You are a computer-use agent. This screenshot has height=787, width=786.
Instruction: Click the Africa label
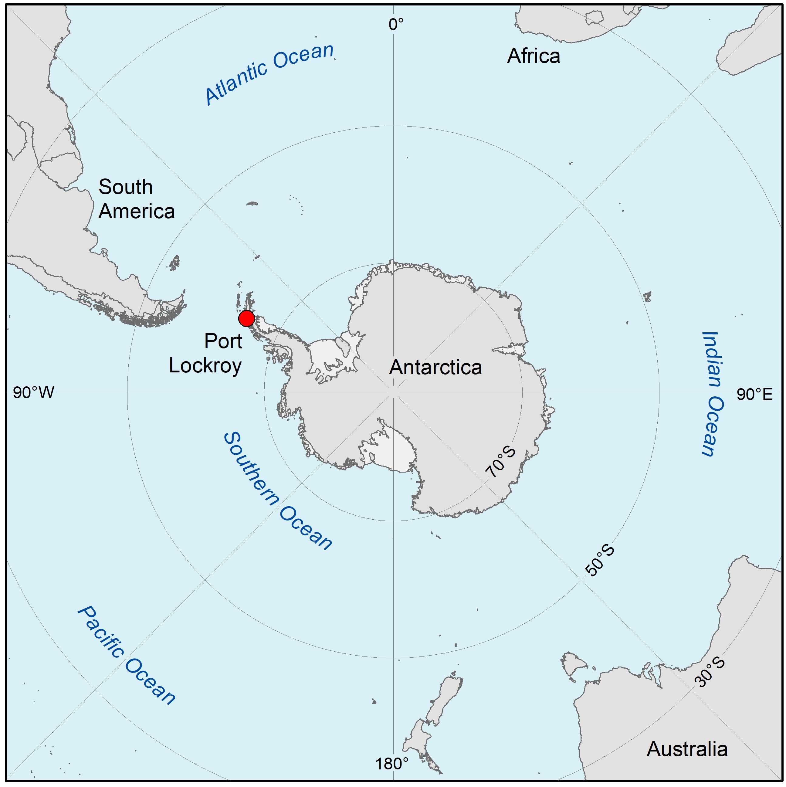pyautogui.click(x=533, y=56)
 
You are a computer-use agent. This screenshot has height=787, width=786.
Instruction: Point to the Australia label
pyautogui.click(x=687, y=749)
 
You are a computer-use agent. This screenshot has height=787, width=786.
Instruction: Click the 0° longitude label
pyautogui.click(x=396, y=25)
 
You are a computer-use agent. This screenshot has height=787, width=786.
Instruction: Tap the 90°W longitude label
pyautogui.click(x=33, y=393)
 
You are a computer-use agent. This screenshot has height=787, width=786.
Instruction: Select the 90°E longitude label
pyautogui.click(x=754, y=394)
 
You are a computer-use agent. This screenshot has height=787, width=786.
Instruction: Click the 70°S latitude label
pyautogui.click(x=500, y=462)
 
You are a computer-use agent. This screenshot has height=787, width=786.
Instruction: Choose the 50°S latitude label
pyautogui.click(x=599, y=561)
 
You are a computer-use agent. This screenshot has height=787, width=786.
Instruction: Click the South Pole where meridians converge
pyautogui.click(x=393, y=392)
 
